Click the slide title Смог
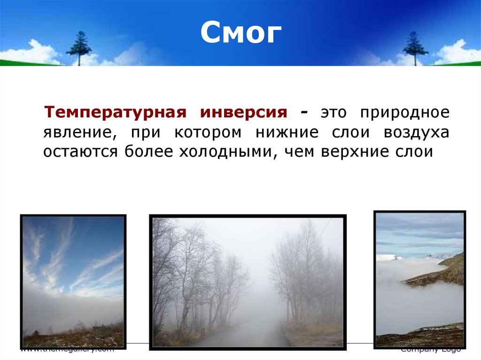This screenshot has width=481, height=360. (241, 33)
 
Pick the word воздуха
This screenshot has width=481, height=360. (416, 133)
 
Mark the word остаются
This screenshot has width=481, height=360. (82, 153)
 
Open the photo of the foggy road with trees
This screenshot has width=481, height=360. (248, 281)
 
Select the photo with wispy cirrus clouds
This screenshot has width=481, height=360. (73, 281)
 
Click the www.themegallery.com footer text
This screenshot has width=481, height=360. (67, 350)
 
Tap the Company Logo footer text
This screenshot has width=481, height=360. (430, 350)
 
